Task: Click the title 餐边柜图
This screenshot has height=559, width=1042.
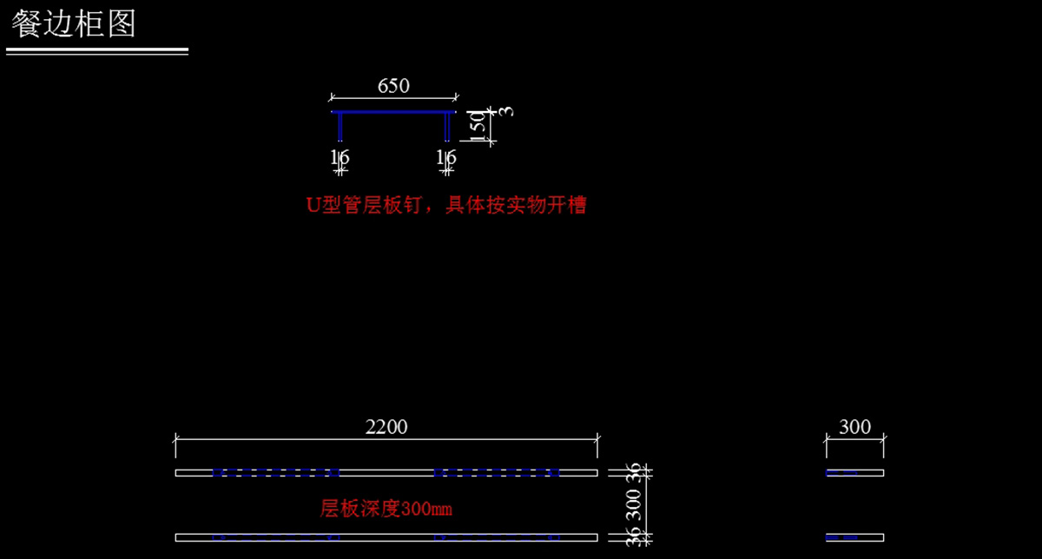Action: [74, 23]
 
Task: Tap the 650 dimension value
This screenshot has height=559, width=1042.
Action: [393, 86]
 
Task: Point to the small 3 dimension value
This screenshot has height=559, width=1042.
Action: [507, 111]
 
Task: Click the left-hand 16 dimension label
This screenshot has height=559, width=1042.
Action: [340, 158]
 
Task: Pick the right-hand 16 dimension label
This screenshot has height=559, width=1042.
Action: [446, 158]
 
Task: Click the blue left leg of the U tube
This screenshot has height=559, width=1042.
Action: [340, 127]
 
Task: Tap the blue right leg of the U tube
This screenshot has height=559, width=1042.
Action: [447, 127]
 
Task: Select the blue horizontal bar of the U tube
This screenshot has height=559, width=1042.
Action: [393, 112]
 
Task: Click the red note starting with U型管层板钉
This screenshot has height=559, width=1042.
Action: [446, 206]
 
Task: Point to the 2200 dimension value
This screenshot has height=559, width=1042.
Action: [386, 426]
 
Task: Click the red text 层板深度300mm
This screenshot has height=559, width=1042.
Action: [386, 509]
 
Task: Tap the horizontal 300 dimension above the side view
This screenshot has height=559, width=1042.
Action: [854, 426]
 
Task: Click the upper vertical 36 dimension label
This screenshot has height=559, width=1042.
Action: [634, 472]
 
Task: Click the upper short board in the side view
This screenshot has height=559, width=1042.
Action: [854, 473]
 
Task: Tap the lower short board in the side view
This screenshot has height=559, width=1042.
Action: [854, 537]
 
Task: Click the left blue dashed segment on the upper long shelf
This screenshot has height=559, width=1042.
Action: [276, 473]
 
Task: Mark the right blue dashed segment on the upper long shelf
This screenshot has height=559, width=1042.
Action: [497, 473]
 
